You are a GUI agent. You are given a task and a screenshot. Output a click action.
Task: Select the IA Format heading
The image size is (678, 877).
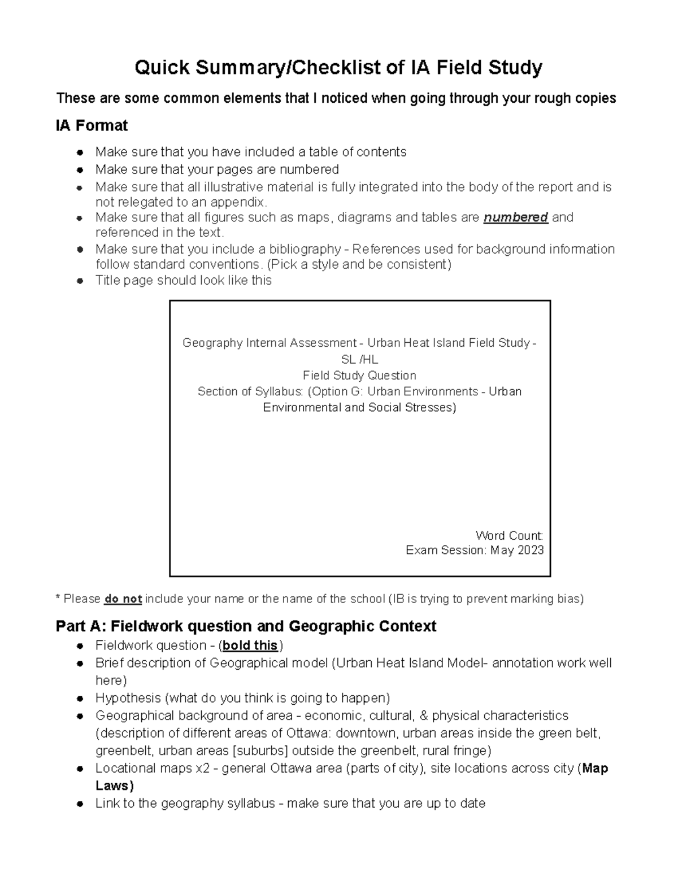pos(92,125)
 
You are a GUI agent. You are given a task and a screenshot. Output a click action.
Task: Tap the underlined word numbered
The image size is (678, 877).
pos(515,217)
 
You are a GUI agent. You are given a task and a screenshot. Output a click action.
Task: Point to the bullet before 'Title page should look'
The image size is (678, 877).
pos(81,281)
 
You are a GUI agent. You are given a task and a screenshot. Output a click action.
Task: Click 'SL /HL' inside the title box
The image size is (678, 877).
pos(359,359)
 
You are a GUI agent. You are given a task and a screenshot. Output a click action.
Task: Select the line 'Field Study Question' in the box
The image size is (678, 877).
pos(359,376)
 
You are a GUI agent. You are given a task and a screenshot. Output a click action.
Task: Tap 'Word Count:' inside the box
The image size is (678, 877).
pos(509,535)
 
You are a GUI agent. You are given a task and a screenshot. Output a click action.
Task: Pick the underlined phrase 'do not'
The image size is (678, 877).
pos(123,599)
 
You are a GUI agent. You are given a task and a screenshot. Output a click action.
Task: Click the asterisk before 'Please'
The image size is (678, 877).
pos(58,598)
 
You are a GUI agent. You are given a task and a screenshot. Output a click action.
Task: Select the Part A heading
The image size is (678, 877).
pos(246,626)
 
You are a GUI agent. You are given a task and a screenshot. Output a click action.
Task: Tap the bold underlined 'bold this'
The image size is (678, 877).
pos(250,645)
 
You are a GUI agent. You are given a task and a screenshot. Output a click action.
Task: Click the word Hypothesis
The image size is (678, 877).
pos(127,698)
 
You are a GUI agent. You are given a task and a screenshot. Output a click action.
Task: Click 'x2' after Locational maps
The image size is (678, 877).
pos(202,768)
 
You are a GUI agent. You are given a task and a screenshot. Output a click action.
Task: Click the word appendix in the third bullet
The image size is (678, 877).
pos(237,202)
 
